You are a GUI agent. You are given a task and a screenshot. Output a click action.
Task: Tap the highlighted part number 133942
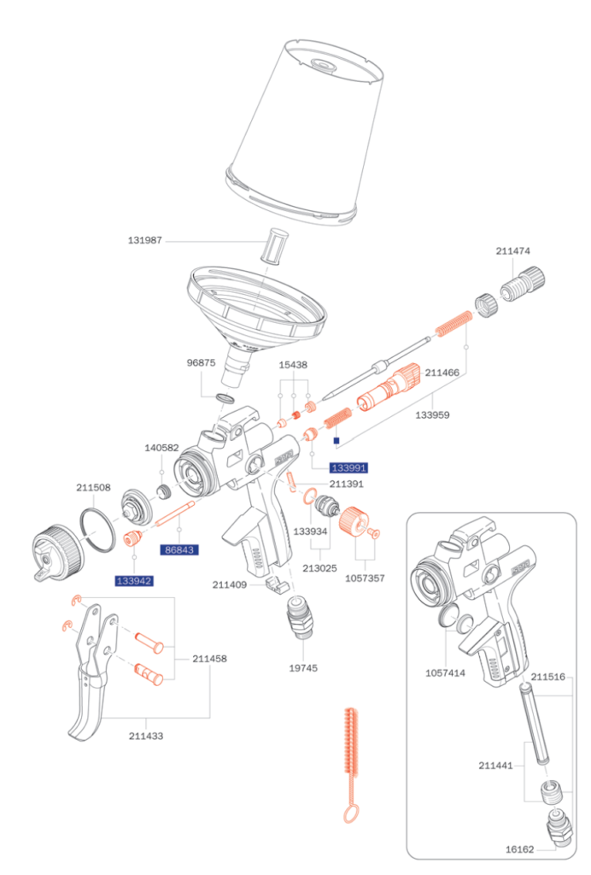(134, 581)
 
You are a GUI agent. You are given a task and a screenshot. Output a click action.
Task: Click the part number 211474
(513, 251)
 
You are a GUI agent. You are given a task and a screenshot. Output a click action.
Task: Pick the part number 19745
(303, 667)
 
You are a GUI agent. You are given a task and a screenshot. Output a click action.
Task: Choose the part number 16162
(519, 849)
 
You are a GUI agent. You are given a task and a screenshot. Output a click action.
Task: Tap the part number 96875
(202, 362)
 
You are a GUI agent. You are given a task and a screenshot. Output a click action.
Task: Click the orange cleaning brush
(349, 760)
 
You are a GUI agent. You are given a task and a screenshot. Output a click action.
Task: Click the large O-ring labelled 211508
(102, 529)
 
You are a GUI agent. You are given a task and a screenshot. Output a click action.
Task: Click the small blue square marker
(336, 442)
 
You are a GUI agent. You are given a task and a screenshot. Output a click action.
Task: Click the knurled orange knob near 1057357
(353, 520)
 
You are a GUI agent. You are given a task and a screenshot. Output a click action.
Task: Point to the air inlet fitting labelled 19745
(301, 620)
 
